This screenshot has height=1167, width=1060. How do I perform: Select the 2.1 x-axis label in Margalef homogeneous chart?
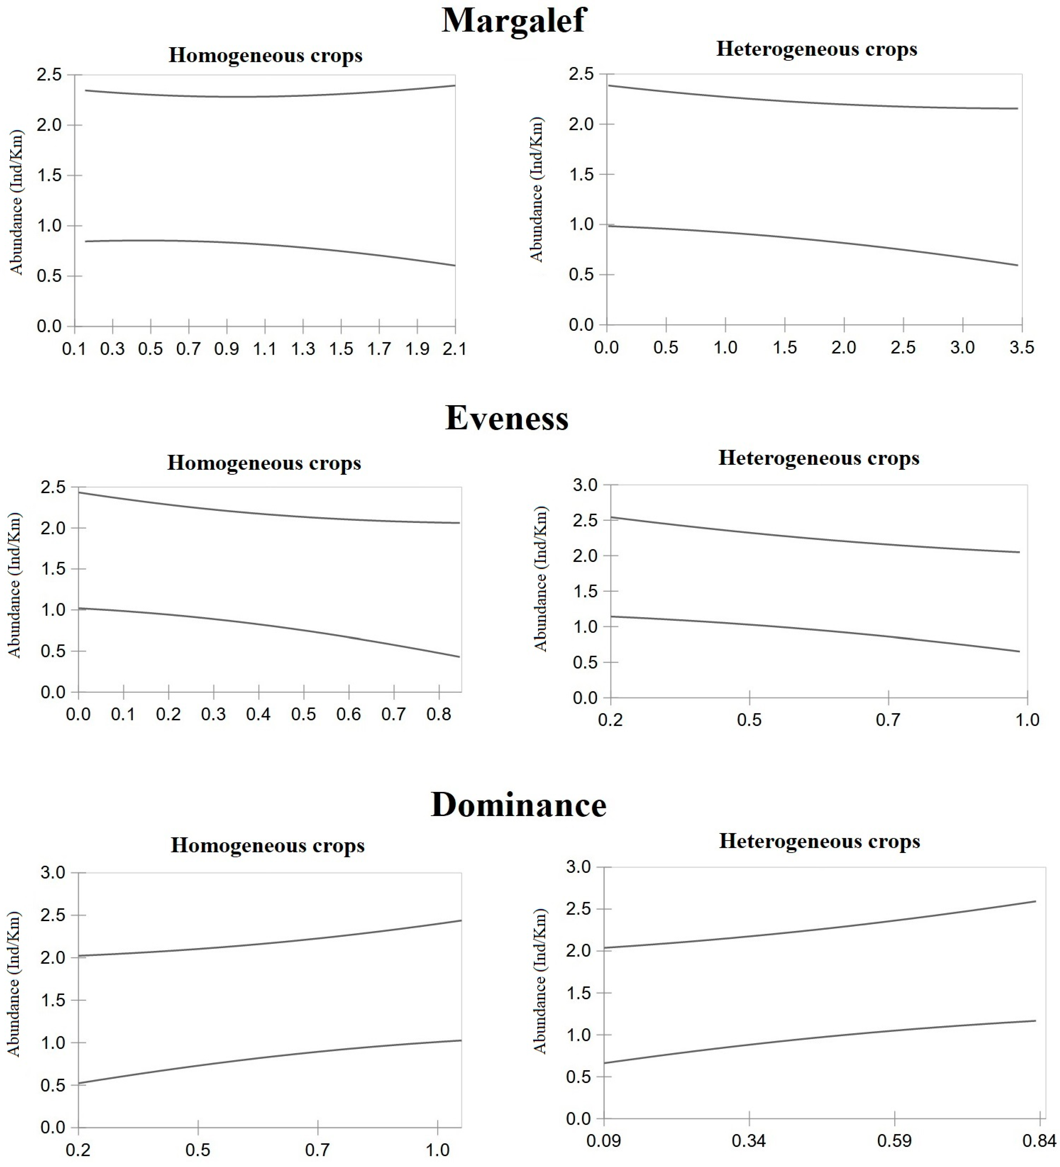(454, 349)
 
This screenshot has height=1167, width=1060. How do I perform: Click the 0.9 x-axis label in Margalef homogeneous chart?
(226, 349)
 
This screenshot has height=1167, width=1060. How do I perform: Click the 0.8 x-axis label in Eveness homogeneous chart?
(439, 714)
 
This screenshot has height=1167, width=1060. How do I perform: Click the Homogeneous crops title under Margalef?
(265, 56)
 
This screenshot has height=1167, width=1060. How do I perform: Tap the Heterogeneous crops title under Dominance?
(819, 841)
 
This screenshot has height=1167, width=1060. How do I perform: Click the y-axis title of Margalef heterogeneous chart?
(537, 190)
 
